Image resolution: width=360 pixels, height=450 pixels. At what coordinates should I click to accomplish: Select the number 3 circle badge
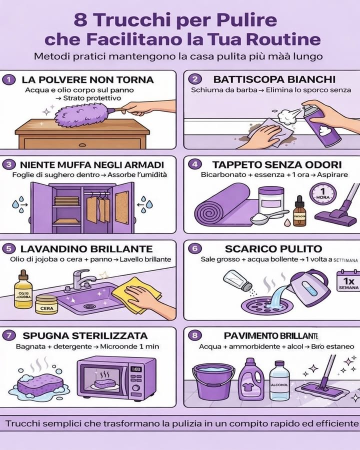8,164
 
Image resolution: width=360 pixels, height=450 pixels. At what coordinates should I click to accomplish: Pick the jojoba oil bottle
23,289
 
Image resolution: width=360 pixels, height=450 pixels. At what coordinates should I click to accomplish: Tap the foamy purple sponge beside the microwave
39,384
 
